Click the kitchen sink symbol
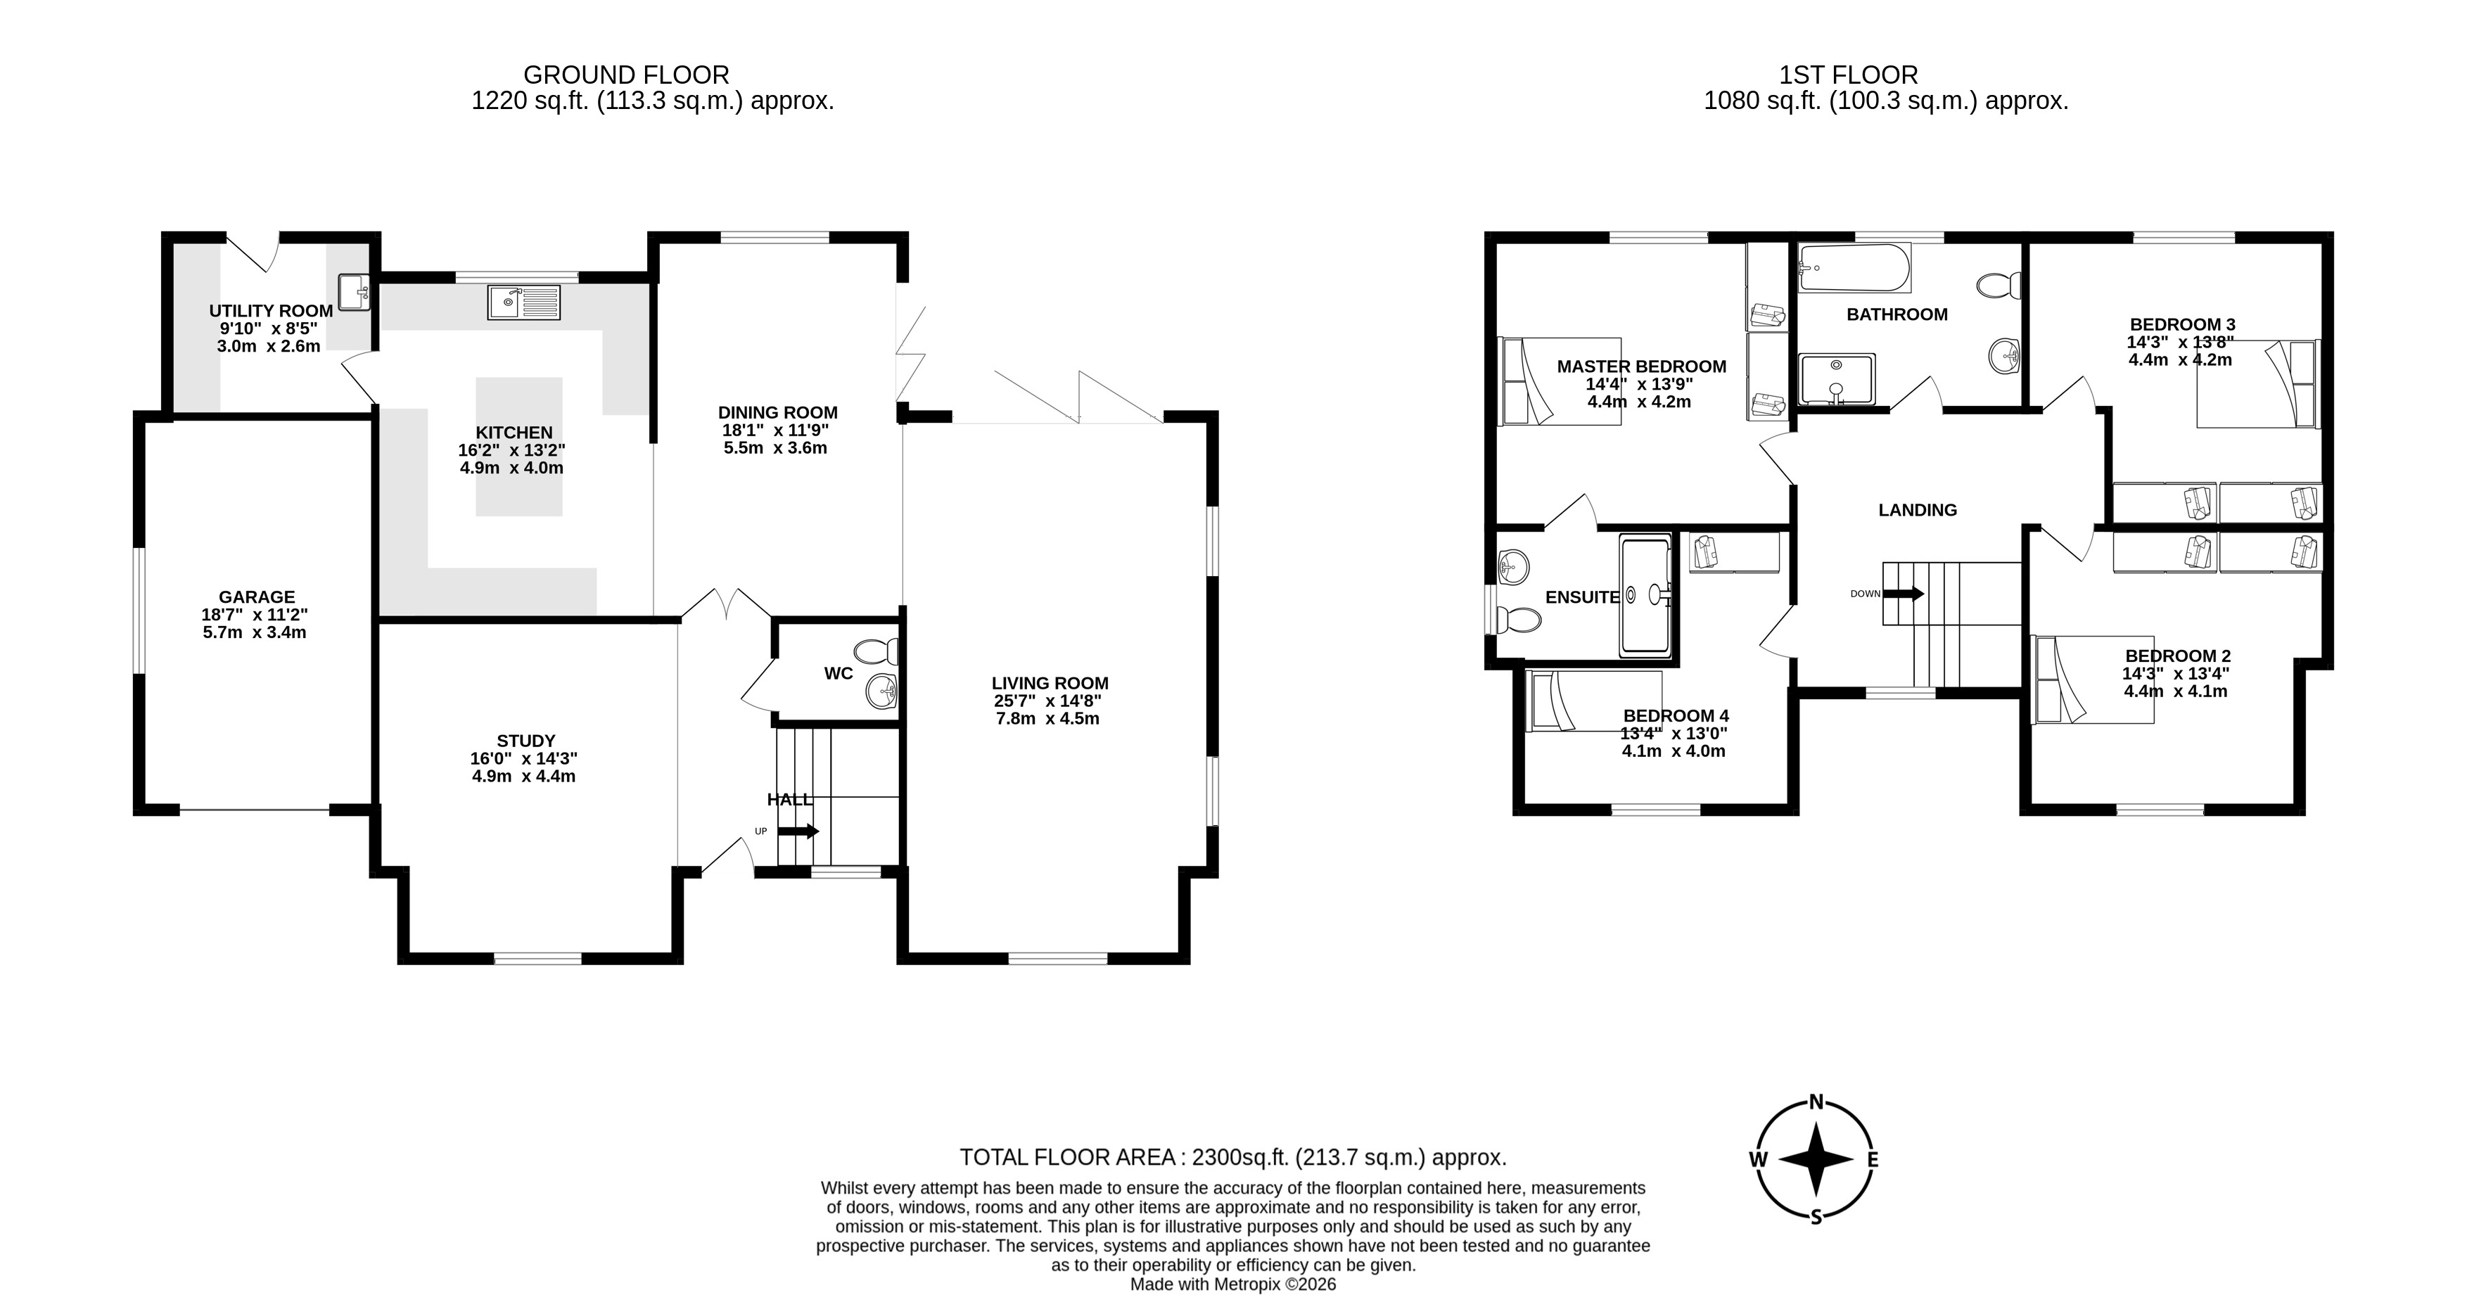pos(524,302)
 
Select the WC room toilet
pos(876,652)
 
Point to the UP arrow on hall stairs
pos(798,831)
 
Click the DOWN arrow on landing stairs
pos(1904,594)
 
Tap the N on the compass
pos(1816,1102)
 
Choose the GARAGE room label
pos(257,597)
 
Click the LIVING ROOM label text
pos(1050,683)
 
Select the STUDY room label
pos(525,741)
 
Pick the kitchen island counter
pos(519,447)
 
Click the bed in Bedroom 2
pos(2093,679)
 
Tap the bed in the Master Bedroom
pos(1559,381)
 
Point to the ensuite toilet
pos(1515,620)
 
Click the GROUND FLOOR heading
pos(626,75)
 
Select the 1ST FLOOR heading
pos(1849,75)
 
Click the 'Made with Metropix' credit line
pos(1234,1284)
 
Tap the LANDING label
pos(1918,509)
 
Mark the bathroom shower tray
pos(1837,379)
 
